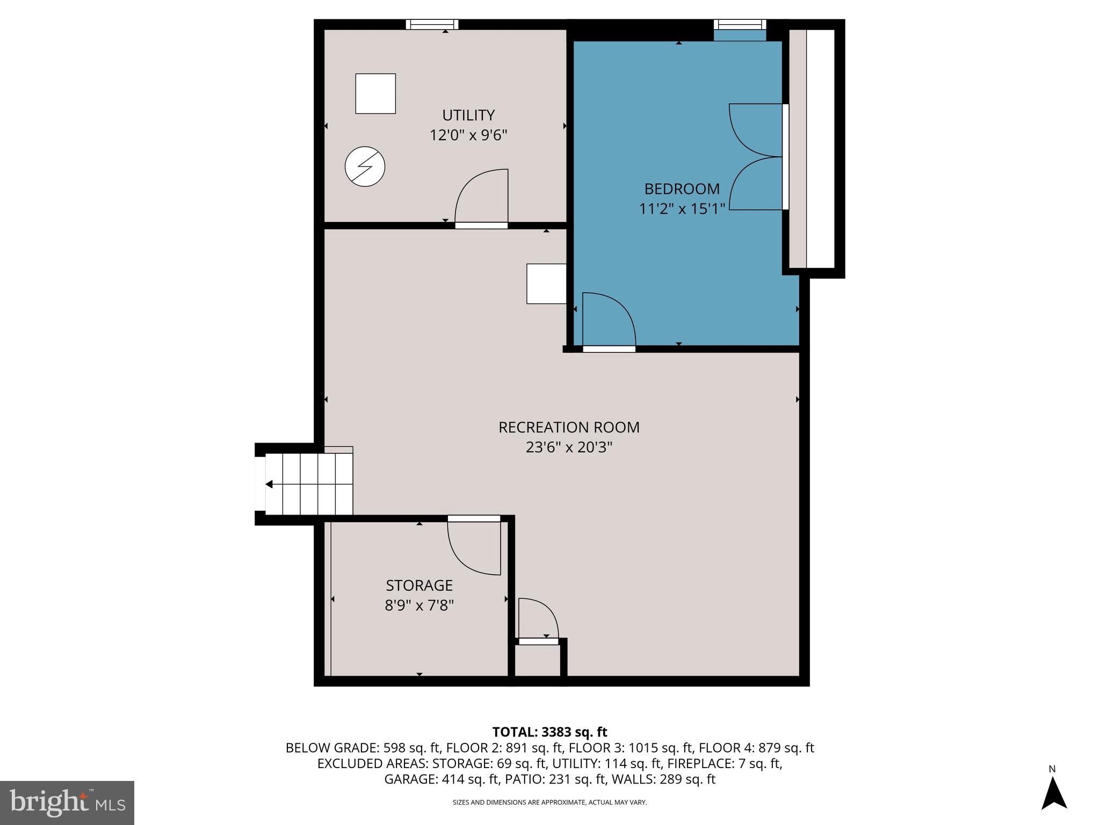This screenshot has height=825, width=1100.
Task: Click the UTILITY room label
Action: pyautogui.click(x=468, y=115)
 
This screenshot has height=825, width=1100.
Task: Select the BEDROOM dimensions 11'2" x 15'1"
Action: pyautogui.click(x=682, y=209)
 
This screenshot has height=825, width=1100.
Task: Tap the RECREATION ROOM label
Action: pyautogui.click(x=569, y=428)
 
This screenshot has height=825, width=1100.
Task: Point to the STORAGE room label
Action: pyautogui.click(x=419, y=585)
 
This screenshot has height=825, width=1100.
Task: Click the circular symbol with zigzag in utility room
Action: pyautogui.click(x=365, y=167)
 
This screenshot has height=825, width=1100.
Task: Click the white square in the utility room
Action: pyautogui.click(x=375, y=93)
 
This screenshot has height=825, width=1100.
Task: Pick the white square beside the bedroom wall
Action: pyautogui.click(x=546, y=284)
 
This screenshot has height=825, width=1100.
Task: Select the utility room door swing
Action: pyautogui.click(x=481, y=196)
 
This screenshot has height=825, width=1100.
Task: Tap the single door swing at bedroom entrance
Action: pyautogui.click(x=608, y=320)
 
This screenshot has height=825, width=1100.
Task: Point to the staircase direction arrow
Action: pyautogui.click(x=269, y=484)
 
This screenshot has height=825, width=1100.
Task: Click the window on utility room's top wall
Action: pyautogui.click(x=432, y=24)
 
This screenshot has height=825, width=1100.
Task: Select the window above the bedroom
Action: pyautogui.click(x=740, y=24)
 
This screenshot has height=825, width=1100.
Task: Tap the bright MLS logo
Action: pyautogui.click(x=67, y=802)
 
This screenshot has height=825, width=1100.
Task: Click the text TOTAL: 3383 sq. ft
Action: pyautogui.click(x=549, y=732)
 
